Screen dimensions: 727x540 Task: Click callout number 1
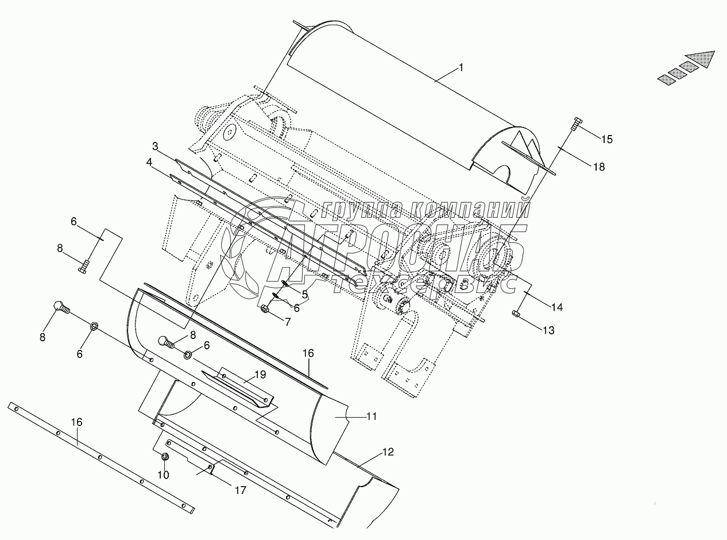tap(461, 68)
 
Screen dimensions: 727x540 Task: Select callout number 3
tap(155, 146)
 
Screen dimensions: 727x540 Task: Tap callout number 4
tap(149, 162)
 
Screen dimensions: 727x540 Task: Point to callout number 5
tap(305, 295)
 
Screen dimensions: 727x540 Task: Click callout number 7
tap(288, 322)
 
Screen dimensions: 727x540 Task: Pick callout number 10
tap(164, 475)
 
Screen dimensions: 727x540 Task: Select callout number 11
tap(372, 416)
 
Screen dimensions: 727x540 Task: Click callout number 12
tap(388, 452)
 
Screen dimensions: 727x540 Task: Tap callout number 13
tap(548, 330)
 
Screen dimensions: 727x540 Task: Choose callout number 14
tap(557, 307)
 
